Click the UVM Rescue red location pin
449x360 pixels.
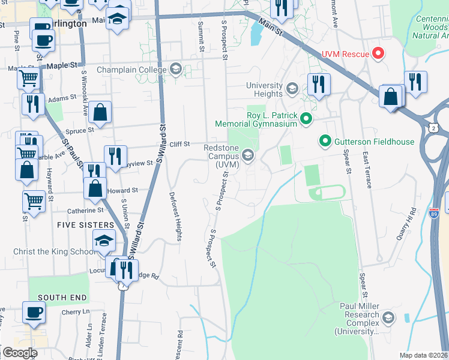tap(378, 54)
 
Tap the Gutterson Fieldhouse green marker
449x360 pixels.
tap(325, 142)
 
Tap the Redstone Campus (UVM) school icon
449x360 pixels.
tap(247, 156)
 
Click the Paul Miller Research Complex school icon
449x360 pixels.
tap(388, 318)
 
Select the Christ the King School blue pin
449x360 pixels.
tap(104, 242)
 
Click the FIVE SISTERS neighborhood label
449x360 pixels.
tap(82, 224)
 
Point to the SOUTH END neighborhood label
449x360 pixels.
tap(62, 297)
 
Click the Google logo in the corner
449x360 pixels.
tap(20, 353)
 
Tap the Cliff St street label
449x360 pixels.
tap(179, 144)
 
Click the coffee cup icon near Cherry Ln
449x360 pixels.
tap(34, 313)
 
